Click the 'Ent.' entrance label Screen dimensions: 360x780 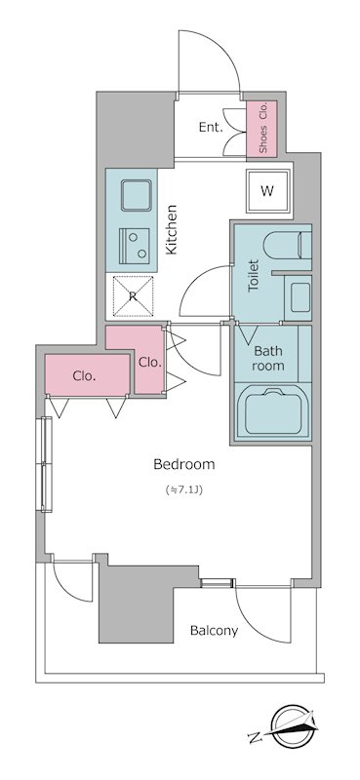211,128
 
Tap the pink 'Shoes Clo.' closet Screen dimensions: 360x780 261,128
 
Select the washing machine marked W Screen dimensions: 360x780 268,191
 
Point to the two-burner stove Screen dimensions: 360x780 135,247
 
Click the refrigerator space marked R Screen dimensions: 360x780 133,296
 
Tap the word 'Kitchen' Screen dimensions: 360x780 172,230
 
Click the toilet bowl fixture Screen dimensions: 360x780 287,246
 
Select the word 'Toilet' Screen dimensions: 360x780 254,275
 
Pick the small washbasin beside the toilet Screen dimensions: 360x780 298,297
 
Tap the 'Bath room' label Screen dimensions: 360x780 268,358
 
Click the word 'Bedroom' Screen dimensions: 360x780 184,465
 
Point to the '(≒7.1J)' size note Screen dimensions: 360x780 184,489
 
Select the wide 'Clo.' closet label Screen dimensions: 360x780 84,376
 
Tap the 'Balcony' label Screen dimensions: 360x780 214,631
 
